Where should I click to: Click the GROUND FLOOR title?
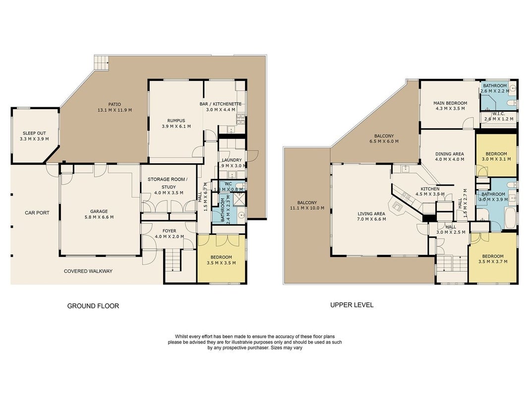(x=93, y=306)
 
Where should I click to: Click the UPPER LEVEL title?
(x=352, y=305)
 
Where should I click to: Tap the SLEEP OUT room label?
(x=34, y=133)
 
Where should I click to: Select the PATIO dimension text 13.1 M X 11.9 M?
(x=115, y=110)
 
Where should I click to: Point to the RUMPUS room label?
(x=176, y=121)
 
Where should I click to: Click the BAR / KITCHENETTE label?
(x=221, y=104)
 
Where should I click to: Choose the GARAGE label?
(x=99, y=211)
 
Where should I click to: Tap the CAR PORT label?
(x=37, y=213)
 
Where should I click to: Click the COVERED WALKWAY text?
(x=88, y=271)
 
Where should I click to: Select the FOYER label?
(x=170, y=231)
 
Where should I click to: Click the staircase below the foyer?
(x=173, y=260)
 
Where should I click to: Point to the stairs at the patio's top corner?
(x=101, y=63)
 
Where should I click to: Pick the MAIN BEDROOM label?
(x=450, y=103)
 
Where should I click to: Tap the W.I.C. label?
(x=499, y=114)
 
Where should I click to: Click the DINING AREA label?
(x=449, y=154)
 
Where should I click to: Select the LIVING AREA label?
(x=371, y=214)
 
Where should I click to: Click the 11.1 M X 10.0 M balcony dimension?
(x=307, y=208)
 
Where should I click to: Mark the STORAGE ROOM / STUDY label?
(x=168, y=183)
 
